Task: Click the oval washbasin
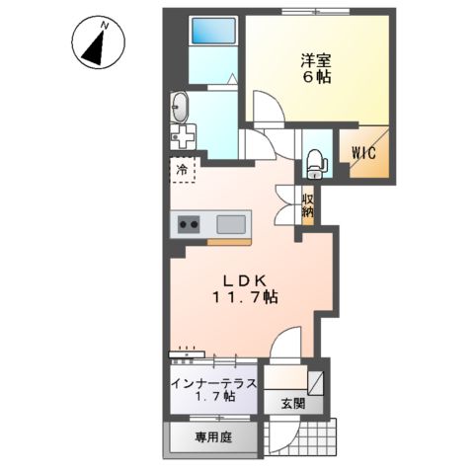point(180,106)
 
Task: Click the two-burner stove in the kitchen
point(189,225)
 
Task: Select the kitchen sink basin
point(233,223)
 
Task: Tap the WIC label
point(364,153)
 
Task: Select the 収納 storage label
point(307,203)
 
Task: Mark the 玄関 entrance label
point(291,403)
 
